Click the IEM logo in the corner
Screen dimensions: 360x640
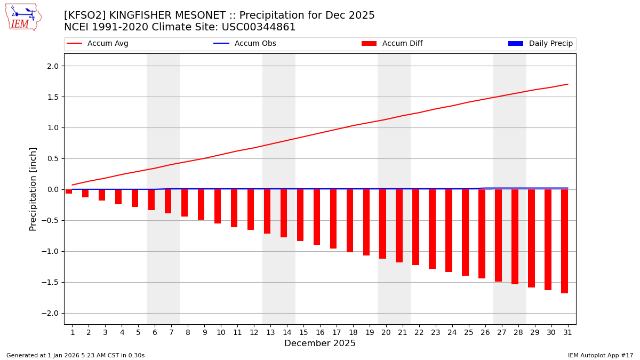[23, 17]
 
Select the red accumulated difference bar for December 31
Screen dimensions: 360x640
[564, 241]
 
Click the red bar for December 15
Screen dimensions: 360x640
[300, 215]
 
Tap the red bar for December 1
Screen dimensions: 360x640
[69, 191]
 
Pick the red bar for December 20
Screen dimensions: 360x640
[382, 224]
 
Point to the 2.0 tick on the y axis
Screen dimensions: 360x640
[52, 66]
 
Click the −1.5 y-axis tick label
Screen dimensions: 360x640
[50, 282]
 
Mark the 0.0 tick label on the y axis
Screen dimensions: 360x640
[52, 189]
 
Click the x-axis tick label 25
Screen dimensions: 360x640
[468, 332]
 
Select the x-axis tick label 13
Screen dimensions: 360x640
[270, 332]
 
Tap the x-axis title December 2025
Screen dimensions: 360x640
[320, 343]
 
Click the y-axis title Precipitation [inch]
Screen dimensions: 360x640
[33, 189]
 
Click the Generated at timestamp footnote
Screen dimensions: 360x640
[75, 355]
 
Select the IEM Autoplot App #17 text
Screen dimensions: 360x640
[600, 355]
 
